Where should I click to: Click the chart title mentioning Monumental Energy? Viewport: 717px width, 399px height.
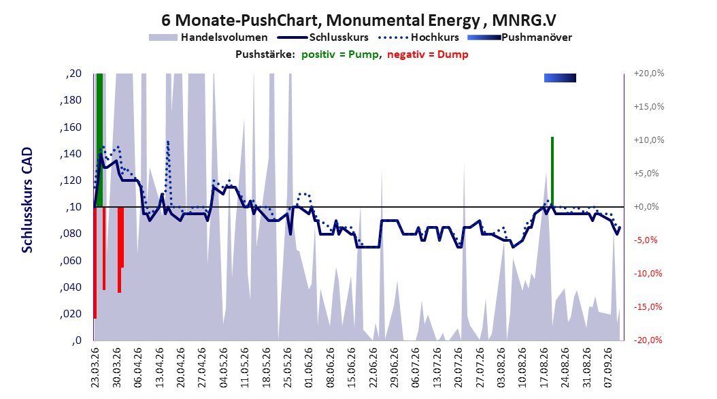pyautogui.click(x=358, y=20)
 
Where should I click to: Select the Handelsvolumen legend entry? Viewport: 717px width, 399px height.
pyautogui.click(x=209, y=37)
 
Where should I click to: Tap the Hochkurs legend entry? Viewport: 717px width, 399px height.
pyautogui.click(x=418, y=37)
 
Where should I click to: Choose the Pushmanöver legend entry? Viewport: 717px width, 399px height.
pyautogui.click(x=520, y=37)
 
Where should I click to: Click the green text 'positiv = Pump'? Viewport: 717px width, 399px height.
pyautogui.click(x=340, y=54)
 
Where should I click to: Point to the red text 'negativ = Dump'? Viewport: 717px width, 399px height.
pyautogui.click(x=428, y=54)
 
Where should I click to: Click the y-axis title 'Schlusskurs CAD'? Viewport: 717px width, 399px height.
pyautogui.click(x=27, y=200)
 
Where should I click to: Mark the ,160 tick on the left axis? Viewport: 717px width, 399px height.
pyautogui.click(x=71, y=127)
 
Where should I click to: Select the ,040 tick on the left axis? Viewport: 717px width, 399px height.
pyautogui.click(x=71, y=287)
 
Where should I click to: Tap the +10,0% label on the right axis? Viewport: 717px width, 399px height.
pyautogui.click(x=649, y=140)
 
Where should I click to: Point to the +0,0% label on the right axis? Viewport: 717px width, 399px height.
pyautogui.click(x=646, y=207)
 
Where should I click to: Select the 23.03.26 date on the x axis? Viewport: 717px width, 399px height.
pyautogui.click(x=95, y=368)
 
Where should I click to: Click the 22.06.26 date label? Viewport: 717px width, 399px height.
pyautogui.click(x=373, y=368)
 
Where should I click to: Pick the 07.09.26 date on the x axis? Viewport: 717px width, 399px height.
pyautogui.click(x=607, y=368)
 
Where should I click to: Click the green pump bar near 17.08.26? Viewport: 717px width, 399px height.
pyautogui.click(x=552, y=172)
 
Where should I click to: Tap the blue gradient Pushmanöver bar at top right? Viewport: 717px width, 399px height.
pyautogui.click(x=560, y=78)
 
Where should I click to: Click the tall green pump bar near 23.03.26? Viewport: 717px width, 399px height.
pyautogui.click(x=99, y=140)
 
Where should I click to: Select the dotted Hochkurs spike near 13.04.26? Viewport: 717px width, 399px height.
pyautogui.click(x=168, y=174)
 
